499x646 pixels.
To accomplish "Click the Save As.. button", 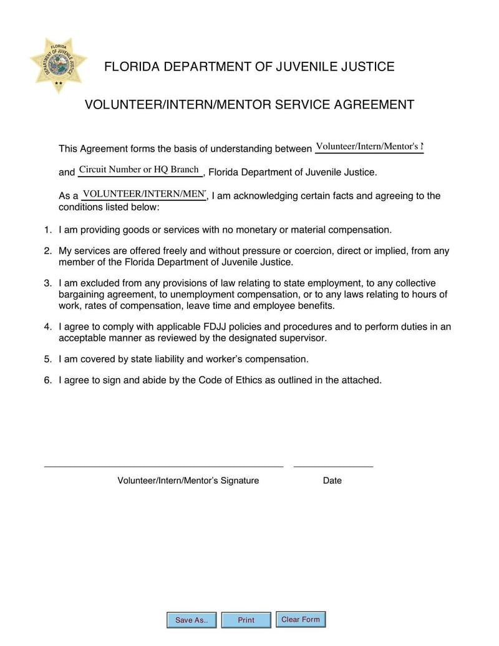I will (x=191, y=620).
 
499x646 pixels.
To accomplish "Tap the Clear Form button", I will (x=301, y=619).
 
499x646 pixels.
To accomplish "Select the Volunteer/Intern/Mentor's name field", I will (x=369, y=147).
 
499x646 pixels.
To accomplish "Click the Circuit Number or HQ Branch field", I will (x=140, y=170).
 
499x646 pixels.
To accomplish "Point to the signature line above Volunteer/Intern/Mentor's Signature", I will (x=163, y=466).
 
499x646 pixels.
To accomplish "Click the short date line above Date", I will (x=333, y=466).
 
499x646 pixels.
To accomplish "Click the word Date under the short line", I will (x=332, y=481).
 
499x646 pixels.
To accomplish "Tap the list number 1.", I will (x=47, y=230).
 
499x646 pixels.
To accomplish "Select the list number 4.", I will (x=47, y=326).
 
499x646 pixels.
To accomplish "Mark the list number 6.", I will (x=47, y=379).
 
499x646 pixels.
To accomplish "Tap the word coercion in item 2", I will (x=303, y=251).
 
